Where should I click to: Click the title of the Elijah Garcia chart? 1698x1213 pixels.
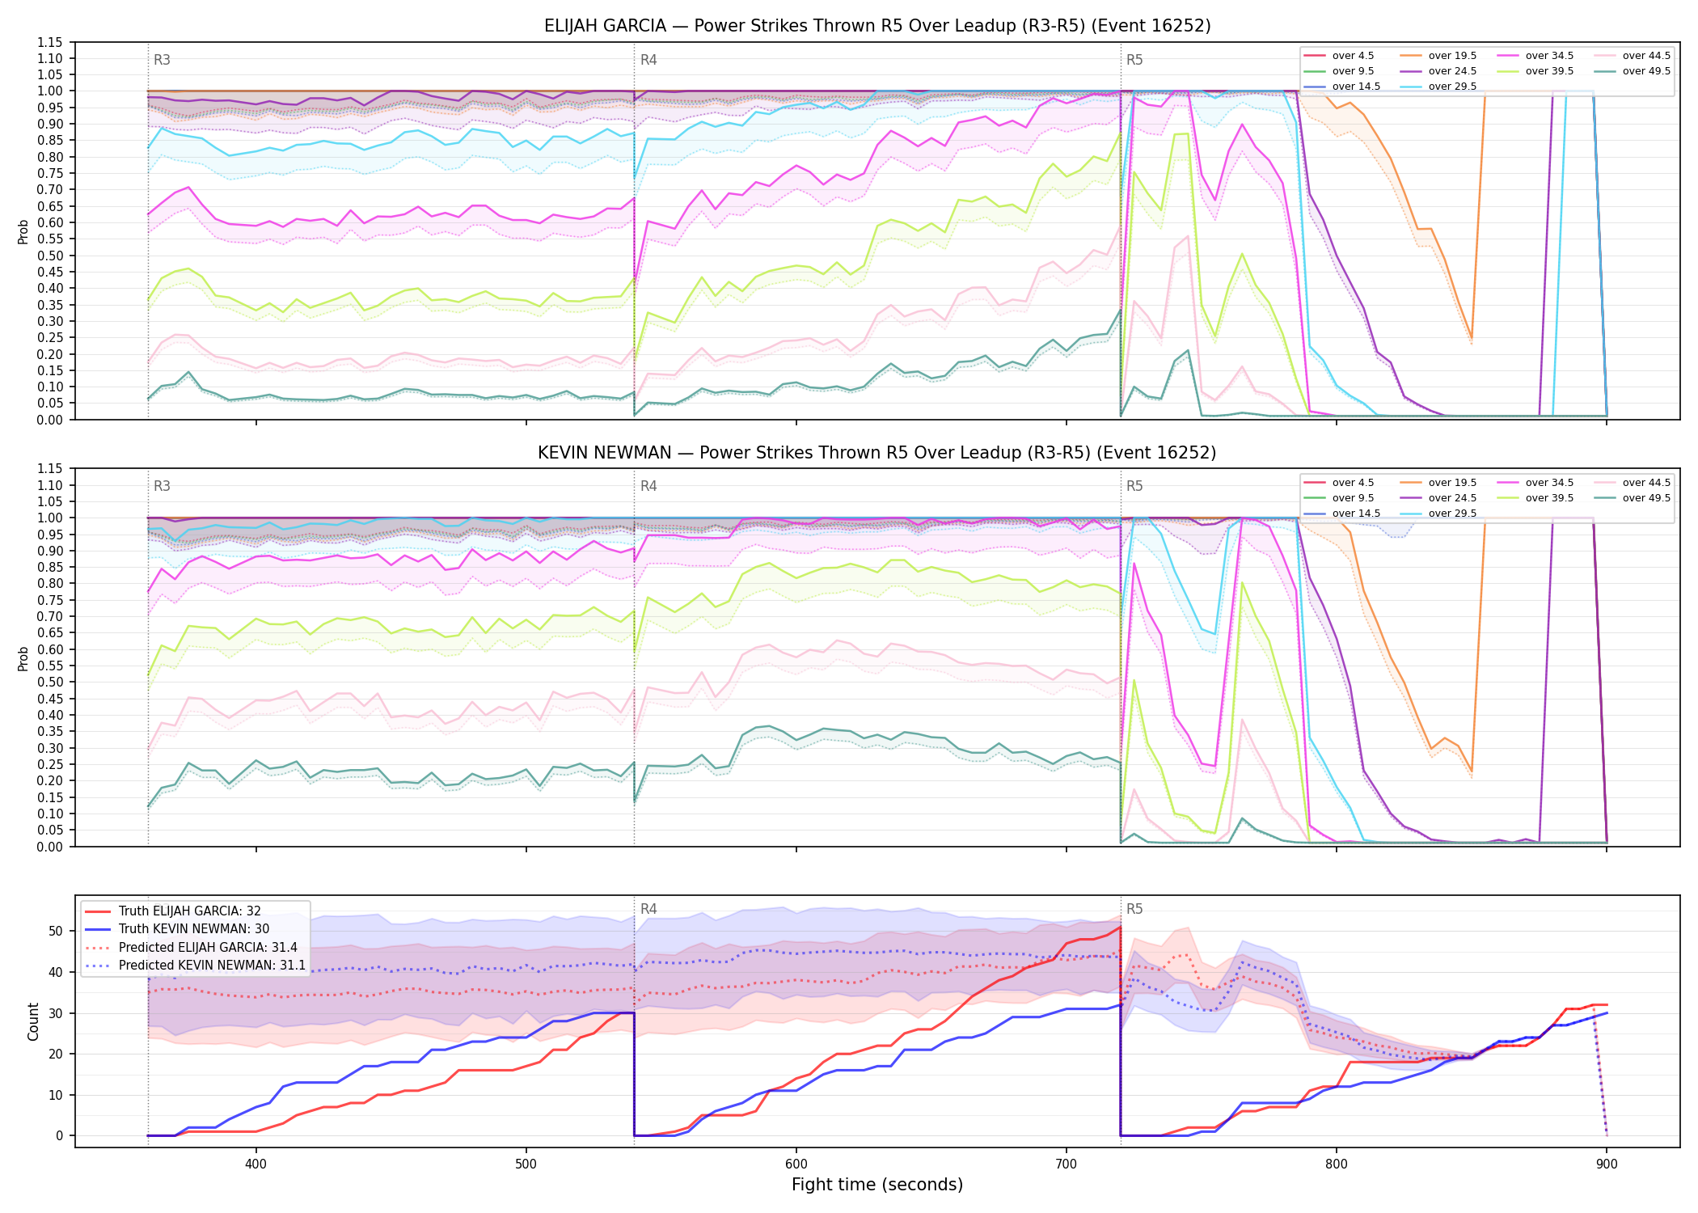click(877, 26)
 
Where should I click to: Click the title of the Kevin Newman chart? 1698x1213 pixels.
click(877, 453)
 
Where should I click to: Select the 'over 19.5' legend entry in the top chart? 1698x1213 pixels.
click(1438, 56)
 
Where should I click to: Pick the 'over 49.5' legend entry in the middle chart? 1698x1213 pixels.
click(1633, 498)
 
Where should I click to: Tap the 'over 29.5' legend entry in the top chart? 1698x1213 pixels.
click(1438, 87)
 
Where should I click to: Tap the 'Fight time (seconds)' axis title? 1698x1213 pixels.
click(877, 1185)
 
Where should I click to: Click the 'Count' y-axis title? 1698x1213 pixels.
click(33, 1021)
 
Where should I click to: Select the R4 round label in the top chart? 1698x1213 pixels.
click(648, 60)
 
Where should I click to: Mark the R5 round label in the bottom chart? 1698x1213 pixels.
click(1134, 909)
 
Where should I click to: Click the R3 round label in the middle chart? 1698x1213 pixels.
click(162, 486)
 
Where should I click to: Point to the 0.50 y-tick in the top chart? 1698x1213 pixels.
click(50, 256)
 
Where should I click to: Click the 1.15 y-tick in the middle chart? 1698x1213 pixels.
click(50, 469)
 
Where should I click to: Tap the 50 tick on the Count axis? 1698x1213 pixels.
click(56, 931)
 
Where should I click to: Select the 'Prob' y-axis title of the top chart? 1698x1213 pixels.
click(23, 231)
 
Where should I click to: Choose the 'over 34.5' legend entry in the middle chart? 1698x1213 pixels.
click(1535, 483)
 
